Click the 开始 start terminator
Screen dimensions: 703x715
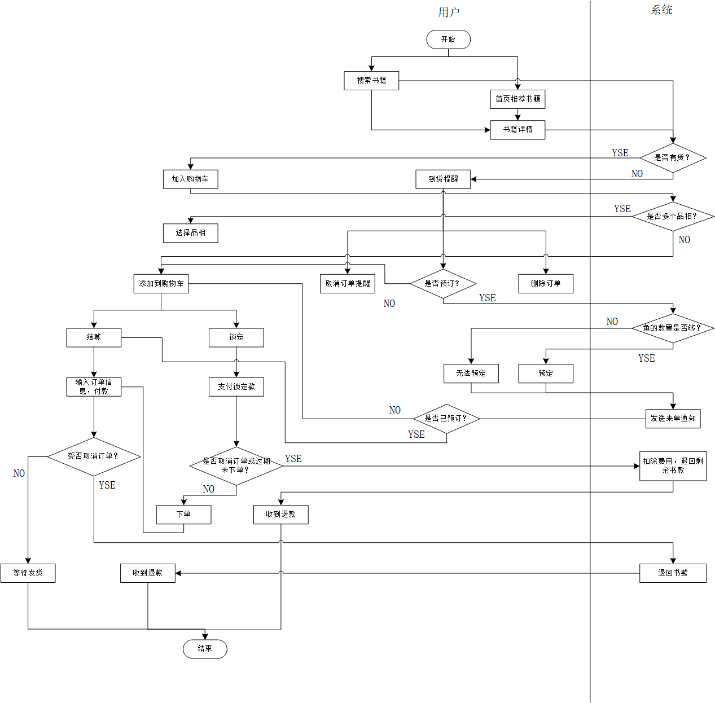point(449,39)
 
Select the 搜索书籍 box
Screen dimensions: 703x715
point(371,81)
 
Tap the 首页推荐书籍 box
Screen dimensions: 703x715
point(517,99)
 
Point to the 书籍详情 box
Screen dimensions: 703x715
point(517,130)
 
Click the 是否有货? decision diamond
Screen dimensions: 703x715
point(673,158)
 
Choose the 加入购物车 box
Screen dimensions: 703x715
point(191,179)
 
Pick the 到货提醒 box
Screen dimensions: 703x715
point(443,179)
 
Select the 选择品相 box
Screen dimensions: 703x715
point(191,233)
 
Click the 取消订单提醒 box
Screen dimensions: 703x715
point(348,284)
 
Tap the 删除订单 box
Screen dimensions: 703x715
point(546,284)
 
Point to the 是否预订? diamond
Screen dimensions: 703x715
point(443,284)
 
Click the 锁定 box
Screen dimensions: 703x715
point(236,337)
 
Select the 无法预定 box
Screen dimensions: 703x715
point(471,374)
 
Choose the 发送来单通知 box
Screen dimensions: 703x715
point(673,419)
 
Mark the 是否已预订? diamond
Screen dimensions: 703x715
point(446,419)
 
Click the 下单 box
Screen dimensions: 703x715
point(184,515)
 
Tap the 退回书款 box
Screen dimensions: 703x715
point(673,573)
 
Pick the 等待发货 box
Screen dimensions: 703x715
point(28,573)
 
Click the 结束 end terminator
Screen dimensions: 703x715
point(205,649)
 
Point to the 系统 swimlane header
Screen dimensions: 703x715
point(661,10)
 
